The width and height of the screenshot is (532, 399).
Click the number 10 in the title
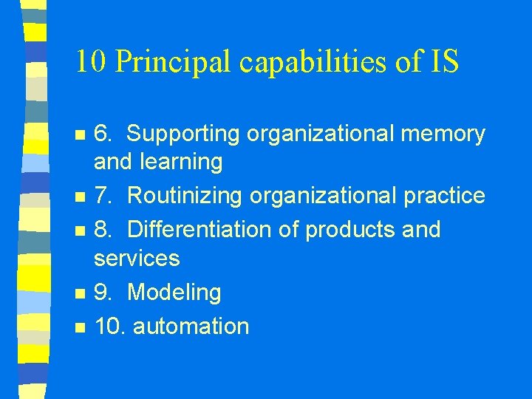point(92,63)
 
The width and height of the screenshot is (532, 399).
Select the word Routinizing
point(185,196)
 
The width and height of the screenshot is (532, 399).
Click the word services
point(137,258)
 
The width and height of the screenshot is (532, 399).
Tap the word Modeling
point(174,293)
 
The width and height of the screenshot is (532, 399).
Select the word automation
point(191,326)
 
